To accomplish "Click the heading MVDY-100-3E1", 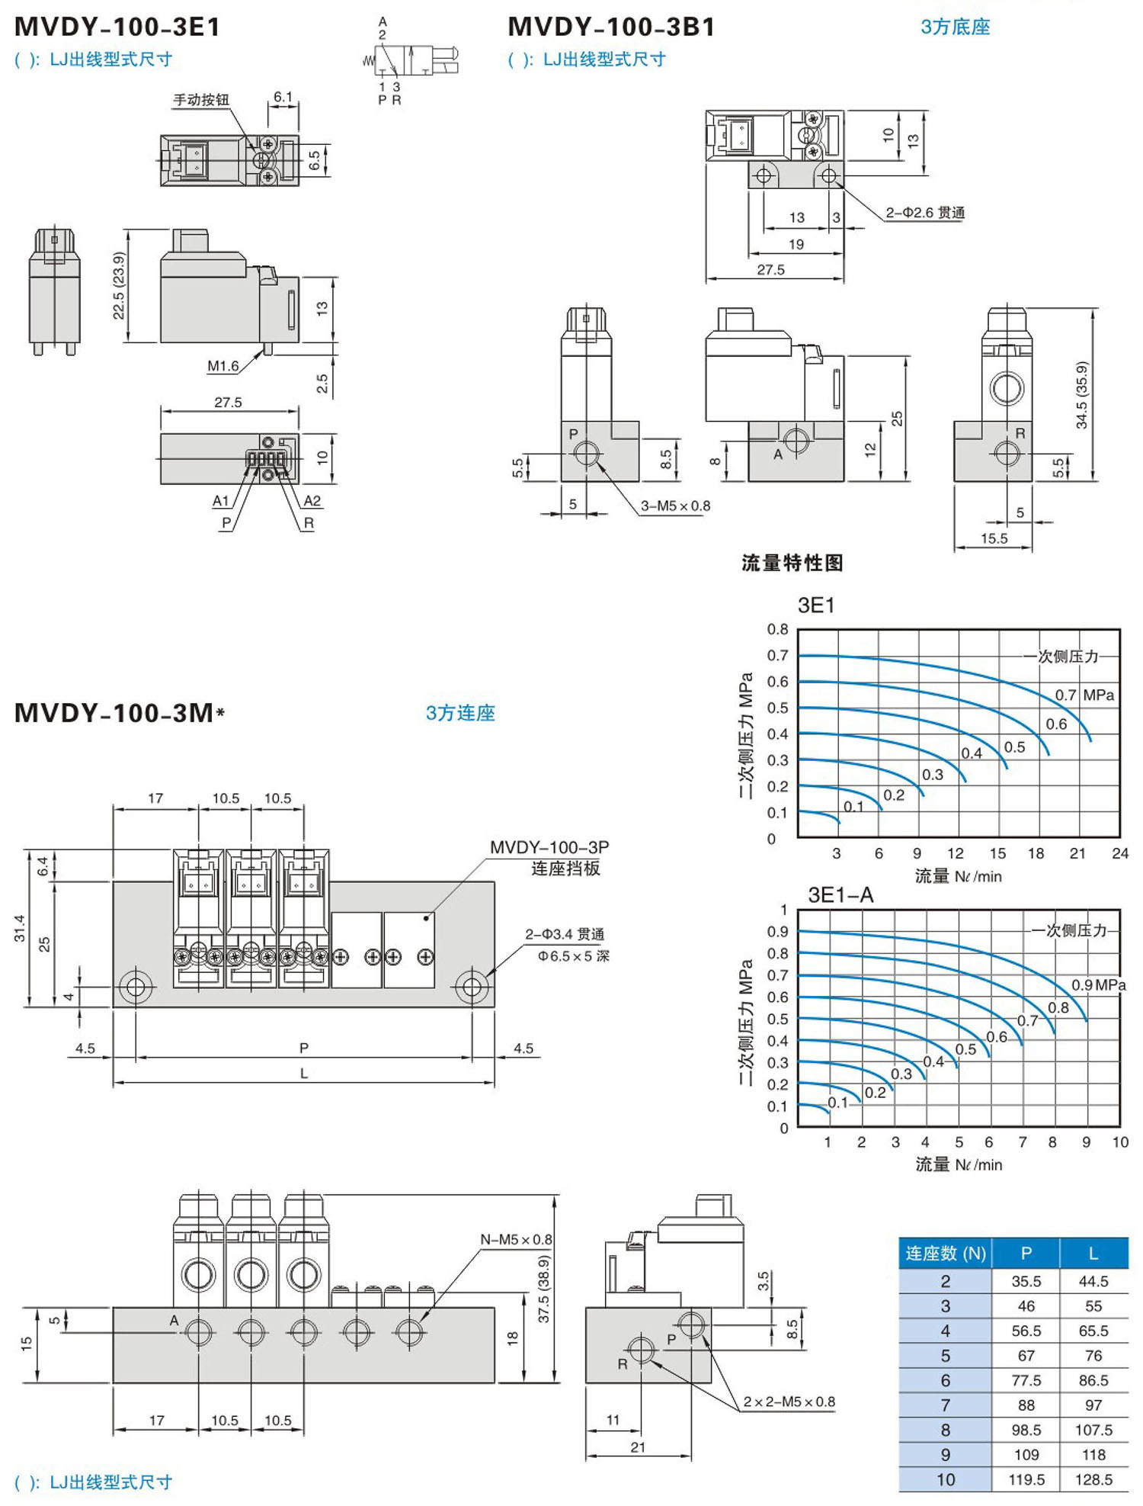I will point(117,27).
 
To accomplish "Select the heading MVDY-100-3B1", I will point(611,27).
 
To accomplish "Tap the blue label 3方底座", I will point(955,27).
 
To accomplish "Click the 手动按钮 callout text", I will point(200,100).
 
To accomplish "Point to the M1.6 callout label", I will point(223,366).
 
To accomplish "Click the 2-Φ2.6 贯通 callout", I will point(924,213).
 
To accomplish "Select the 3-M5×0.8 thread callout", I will point(675,506).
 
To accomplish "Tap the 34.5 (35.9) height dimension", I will point(1081,394).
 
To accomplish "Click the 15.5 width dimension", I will point(994,538).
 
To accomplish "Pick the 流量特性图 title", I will point(792,564).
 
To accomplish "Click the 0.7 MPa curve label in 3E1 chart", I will point(1084,695).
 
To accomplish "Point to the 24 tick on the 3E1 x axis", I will point(1119,853).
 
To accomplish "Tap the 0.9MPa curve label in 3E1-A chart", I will point(1098,985).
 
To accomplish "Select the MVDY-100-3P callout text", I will point(549,847).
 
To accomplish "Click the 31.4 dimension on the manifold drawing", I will point(20,928).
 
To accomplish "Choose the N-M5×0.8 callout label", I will point(516,1240).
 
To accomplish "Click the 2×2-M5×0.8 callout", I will point(789,1402).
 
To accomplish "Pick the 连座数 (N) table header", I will point(945,1254).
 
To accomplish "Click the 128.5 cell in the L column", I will point(1093,1479).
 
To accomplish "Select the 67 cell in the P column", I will point(1026,1356).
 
